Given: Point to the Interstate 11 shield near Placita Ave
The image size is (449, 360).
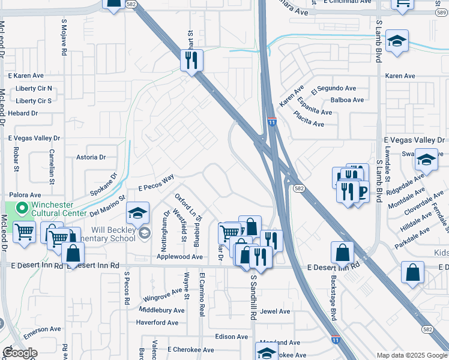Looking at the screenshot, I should pyautogui.click(x=272, y=122).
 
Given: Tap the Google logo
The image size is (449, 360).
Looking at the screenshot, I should pyautogui.click(x=20, y=353).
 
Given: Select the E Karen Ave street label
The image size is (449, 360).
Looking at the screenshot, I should pyautogui.click(x=26, y=76).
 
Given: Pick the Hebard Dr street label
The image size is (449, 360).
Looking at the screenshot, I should pyautogui.click(x=23, y=113).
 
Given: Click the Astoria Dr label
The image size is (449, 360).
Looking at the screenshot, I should pyautogui.click(x=91, y=157).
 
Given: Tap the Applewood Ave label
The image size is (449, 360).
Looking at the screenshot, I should pyautogui.click(x=180, y=256).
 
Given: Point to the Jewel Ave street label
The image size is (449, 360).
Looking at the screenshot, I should pyautogui.click(x=276, y=311).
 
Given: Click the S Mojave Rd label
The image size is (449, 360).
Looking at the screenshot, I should pyautogui.click(x=64, y=37).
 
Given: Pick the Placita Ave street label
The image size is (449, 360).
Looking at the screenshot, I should pyautogui.click(x=309, y=124).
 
